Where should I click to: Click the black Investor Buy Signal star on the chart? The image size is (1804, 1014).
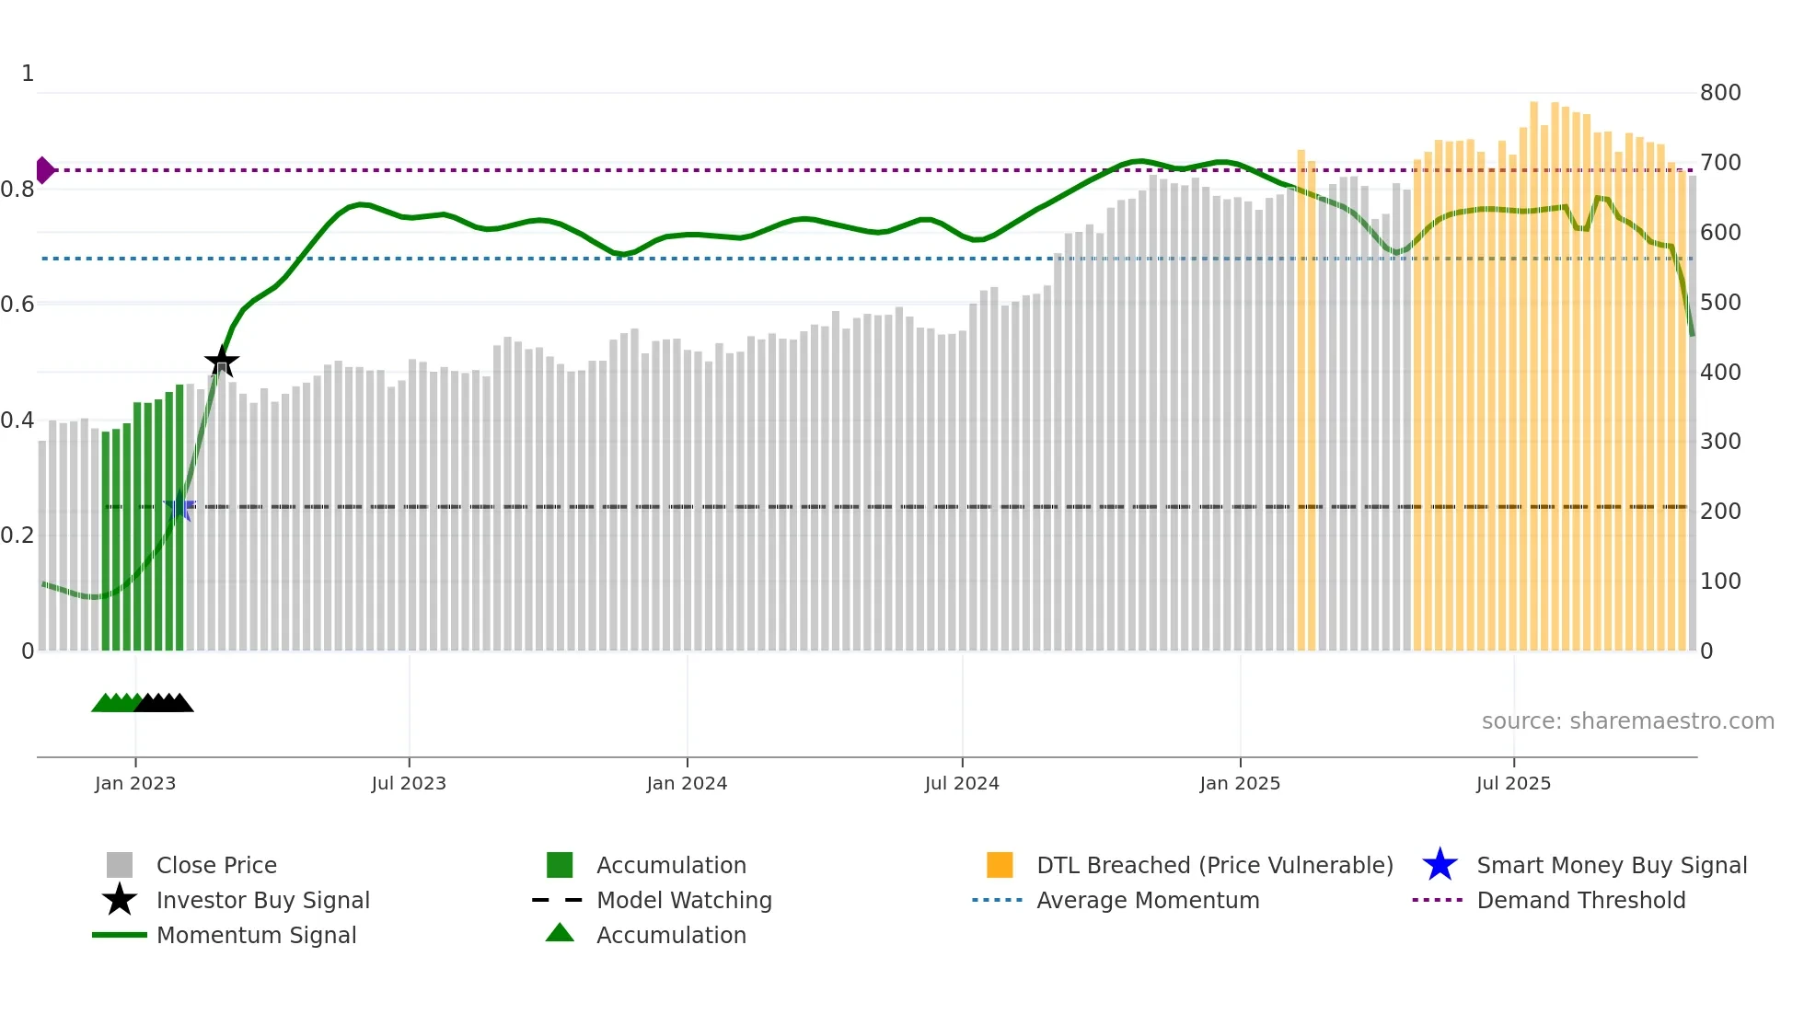221,362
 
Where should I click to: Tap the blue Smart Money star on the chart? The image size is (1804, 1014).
179,507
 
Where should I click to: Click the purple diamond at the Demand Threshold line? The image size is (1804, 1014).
44,170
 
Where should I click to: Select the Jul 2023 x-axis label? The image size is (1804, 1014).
409,783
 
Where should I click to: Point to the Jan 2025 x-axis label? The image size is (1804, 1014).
1240,783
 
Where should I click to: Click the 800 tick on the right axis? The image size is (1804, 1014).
1720,93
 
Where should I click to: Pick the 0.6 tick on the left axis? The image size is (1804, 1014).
17,305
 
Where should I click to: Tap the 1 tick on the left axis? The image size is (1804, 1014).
28,74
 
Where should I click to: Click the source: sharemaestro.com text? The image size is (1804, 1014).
1627,721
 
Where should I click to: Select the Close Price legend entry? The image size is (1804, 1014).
215,866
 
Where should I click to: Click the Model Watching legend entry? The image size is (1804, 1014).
683,901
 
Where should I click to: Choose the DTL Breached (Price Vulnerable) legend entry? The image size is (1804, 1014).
1214,866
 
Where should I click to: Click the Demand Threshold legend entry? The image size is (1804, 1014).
1580,901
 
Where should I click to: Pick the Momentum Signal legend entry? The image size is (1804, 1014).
256,936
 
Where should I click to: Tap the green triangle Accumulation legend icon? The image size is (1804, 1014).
560,934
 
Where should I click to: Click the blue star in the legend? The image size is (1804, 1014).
1440,866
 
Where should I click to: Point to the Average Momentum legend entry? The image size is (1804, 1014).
1147,901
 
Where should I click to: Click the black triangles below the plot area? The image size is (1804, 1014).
164,703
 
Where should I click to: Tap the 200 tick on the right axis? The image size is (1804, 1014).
1720,512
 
